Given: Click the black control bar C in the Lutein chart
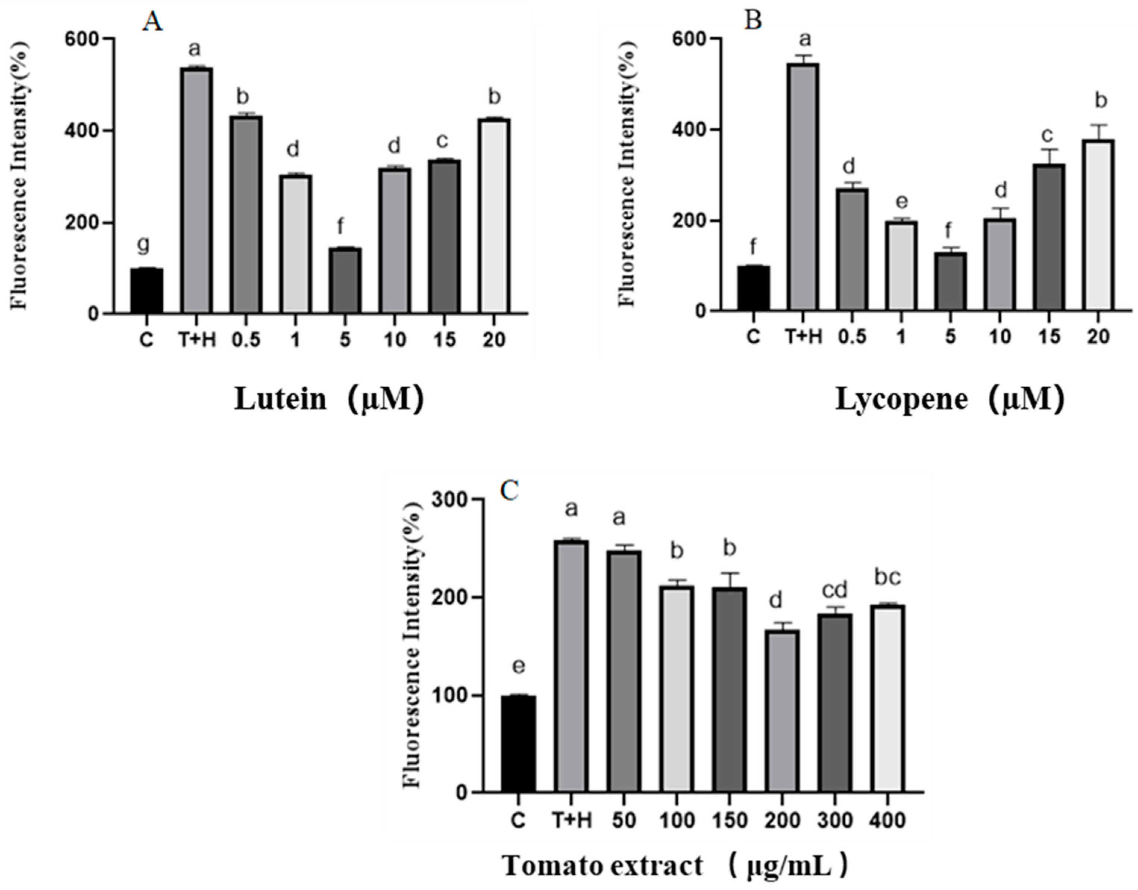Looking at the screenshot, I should pyautogui.click(x=146, y=290).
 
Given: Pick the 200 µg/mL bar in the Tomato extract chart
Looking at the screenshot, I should pyautogui.click(x=782, y=711).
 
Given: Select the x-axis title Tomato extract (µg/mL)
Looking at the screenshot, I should pyautogui.click(x=676, y=866).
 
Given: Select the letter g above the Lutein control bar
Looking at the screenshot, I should pyautogui.click(x=144, y=244).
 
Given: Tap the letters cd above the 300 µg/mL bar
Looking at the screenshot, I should pyautogui.click(x=834, y=590).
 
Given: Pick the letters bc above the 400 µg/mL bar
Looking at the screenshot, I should pyautogui.click(x=887, y=577).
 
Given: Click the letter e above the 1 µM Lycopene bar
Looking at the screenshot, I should pyautogui.click(x=901, y=201).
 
